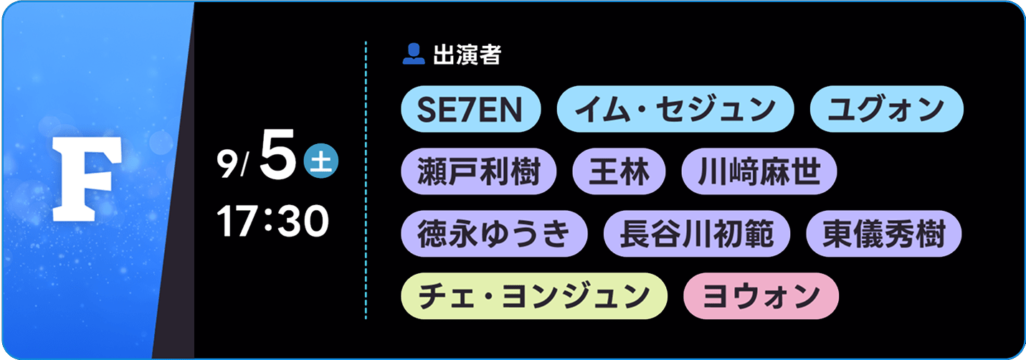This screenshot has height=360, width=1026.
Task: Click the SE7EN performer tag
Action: coord(471,109)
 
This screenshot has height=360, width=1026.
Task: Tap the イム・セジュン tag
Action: coord(675,109)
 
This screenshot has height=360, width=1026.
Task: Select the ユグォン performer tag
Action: coord(886,109)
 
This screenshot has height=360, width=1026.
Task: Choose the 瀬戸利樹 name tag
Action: coord(479,171)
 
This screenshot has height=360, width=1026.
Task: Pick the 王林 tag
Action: coord(619,171)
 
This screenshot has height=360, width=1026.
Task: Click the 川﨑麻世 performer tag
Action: coord(759,171)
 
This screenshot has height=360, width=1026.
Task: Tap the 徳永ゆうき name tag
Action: coord(494,234)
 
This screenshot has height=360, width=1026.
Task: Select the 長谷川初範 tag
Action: coord(697,234)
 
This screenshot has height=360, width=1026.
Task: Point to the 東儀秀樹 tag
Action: coord(883,234)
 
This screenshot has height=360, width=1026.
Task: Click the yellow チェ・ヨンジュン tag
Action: coord(534,296)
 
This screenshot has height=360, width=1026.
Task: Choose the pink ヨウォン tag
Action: coord(761,296)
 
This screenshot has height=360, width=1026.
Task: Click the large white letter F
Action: coord(86,179)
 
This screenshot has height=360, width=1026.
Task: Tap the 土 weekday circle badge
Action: coord(321,161)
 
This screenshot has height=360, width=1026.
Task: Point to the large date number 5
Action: coord(277,154)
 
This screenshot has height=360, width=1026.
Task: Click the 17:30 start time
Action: coord(273,221)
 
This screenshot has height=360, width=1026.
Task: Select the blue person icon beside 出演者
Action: coord(414,54)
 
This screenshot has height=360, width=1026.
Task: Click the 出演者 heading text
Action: coord(467,55)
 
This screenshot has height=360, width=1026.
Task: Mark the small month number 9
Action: coord(227,164)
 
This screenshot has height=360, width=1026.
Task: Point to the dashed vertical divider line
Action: coord(366,180)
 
